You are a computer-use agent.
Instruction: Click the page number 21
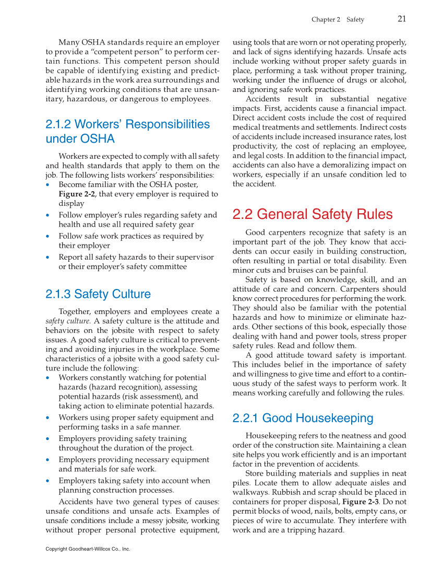click(401, 19)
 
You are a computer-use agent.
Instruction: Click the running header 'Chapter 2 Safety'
click(338, 19)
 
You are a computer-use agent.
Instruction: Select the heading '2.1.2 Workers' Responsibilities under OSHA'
click(127, 131)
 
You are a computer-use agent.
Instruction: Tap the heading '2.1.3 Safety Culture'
click(98, 294)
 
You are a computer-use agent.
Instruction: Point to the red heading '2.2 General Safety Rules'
click(312, 214)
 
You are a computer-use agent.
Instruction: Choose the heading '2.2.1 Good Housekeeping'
click(303, 418)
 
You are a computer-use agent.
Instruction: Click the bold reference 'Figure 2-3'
click(362, 502)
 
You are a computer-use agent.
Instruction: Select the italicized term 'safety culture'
click(67, 321)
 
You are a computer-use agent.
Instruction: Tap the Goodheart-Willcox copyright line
click(88, 549)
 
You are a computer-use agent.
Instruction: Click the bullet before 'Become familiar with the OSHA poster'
click(49, 184)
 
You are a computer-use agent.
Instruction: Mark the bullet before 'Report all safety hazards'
click(49, 258)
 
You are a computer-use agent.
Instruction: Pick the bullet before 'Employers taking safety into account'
click(49, 481)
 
